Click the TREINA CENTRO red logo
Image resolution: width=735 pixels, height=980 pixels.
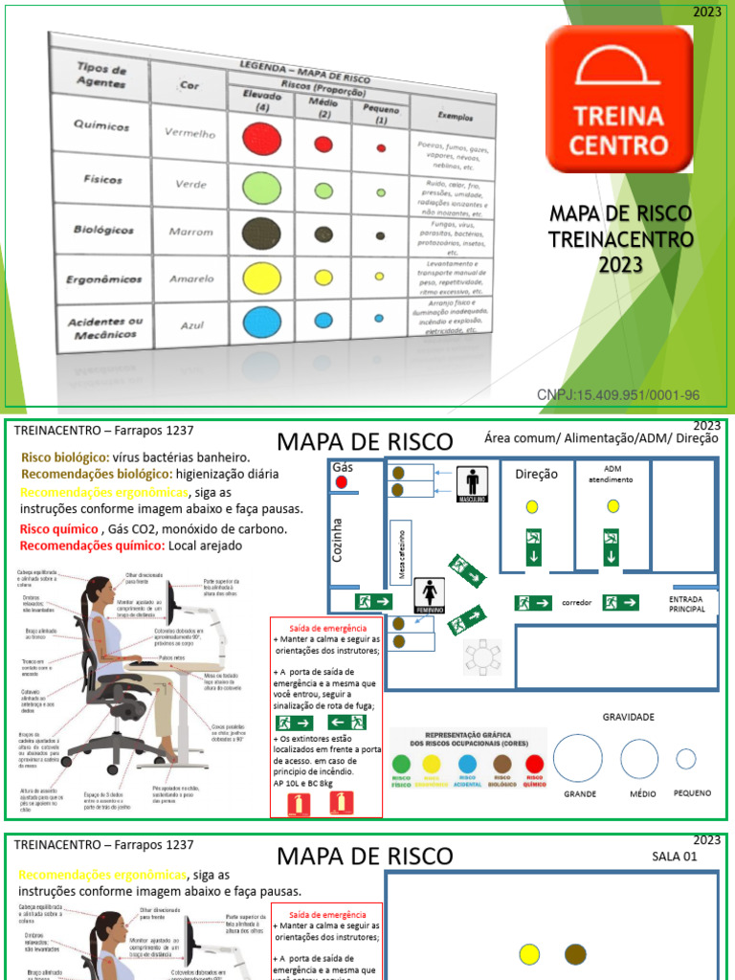[619, 99]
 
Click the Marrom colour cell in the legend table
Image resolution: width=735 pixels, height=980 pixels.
[190, 232]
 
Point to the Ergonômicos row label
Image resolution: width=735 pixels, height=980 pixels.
[105, 279]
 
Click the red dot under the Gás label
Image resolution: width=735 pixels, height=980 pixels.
[342, 482]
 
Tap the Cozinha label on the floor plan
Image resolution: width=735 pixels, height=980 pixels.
[337, 540]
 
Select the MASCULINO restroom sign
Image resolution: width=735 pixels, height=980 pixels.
[472, 482]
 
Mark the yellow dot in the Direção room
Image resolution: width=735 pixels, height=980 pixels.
[532, 505]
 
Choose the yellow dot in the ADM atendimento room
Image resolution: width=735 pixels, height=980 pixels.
[612, 505]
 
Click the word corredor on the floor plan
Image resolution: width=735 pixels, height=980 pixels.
[577, 603]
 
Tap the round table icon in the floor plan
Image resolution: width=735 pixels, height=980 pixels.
[483, 657]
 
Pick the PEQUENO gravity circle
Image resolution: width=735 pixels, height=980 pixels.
[686, 759]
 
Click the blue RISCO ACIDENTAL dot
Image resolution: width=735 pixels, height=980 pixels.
[467, 764]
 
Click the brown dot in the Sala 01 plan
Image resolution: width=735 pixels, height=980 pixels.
[575, 953]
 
